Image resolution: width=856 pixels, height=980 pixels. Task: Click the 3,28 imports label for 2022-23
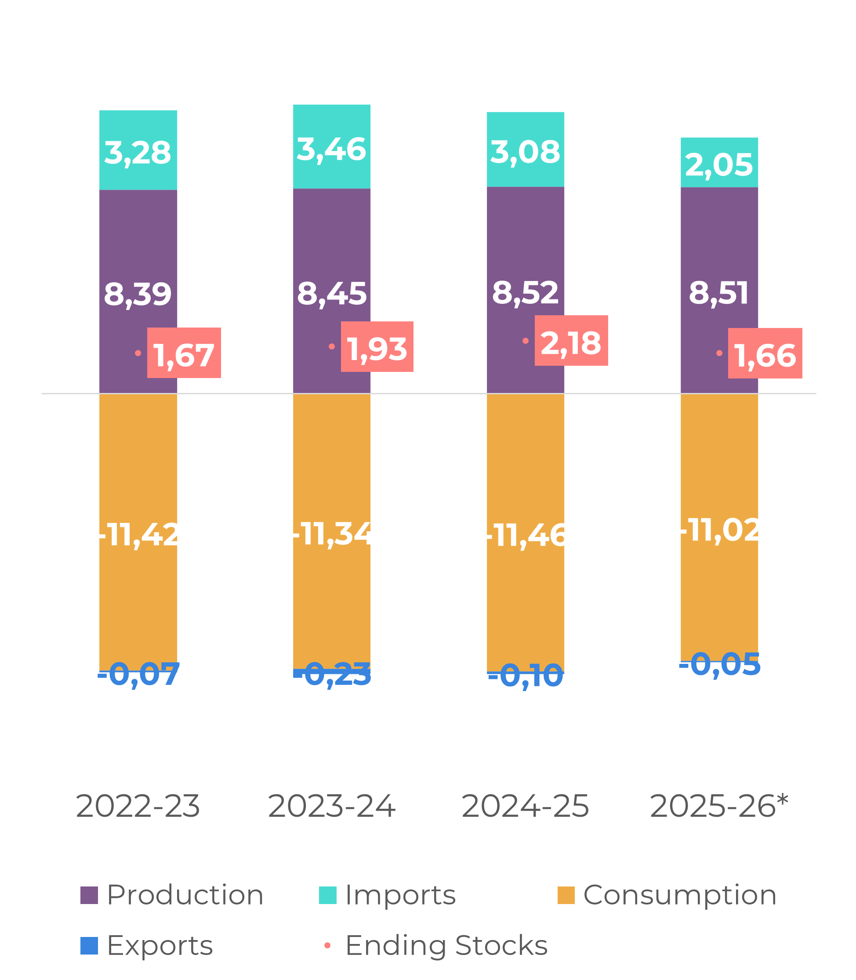(138, 153)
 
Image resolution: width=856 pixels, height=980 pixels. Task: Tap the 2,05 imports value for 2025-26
(719, 165)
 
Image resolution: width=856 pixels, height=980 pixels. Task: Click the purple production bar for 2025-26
(719, 239)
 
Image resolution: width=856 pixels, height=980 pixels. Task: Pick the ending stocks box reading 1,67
(184, 353)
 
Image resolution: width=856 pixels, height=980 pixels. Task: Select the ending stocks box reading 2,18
(571, 341)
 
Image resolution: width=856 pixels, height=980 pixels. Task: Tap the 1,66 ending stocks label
(765, 354)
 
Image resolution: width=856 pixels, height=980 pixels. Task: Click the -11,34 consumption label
(332, 534)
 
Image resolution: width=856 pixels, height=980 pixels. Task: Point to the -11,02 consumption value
(719, 530)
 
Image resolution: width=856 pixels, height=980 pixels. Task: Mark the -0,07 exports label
(138, 674)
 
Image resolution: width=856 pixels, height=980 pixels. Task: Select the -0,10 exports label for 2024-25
(525, 676)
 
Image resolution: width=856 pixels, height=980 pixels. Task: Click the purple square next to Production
(89, 895)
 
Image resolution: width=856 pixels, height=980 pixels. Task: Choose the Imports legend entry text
(400, 894)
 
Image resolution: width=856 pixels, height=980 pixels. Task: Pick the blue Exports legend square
(89, 946)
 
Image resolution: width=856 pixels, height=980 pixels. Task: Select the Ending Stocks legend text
(446, 945)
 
